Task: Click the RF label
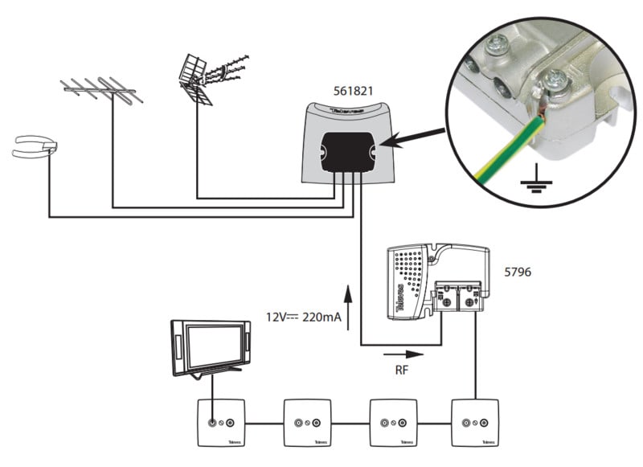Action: coord(402,371)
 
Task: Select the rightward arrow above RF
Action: coord(402,352)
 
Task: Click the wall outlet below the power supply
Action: coord(476,423)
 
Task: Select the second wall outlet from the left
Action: coord(306,423)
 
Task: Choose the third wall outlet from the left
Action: coord(391,423)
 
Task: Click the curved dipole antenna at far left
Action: coord(34,147)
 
